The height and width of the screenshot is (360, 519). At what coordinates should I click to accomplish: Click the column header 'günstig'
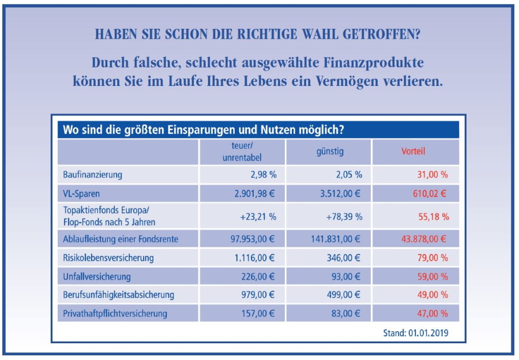coord(329,152)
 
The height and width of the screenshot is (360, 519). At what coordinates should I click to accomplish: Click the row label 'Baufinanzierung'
coord(92,174)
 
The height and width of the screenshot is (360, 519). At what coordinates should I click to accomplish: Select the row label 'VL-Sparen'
coord(81,194)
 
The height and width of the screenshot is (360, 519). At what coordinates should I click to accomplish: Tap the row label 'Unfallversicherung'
coord(97,276)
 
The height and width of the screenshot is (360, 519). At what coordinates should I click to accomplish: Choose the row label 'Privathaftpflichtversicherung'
coord(115,314)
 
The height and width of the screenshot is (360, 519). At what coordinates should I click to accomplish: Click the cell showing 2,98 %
coord(260,174)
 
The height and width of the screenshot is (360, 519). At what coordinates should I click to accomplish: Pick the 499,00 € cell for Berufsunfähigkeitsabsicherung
coord(343,295)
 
